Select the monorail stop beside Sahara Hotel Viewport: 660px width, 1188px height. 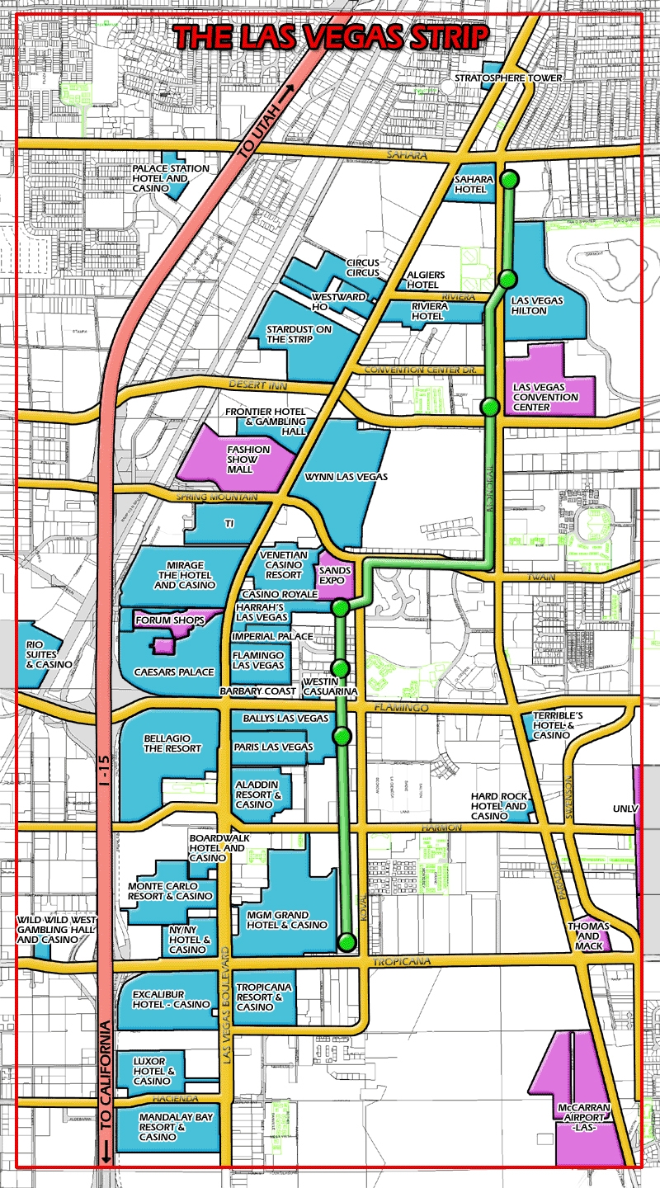(x=511, y=179)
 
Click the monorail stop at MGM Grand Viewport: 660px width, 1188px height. (x=347, y=941)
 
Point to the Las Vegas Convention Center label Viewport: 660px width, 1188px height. (x=545, y=397)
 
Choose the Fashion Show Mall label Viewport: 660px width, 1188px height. (x=248, y=459)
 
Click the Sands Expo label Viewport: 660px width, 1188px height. (x=335, y=574)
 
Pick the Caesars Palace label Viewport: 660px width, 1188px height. (x=174, y=672)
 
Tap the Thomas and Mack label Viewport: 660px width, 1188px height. (x=588, y=936)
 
